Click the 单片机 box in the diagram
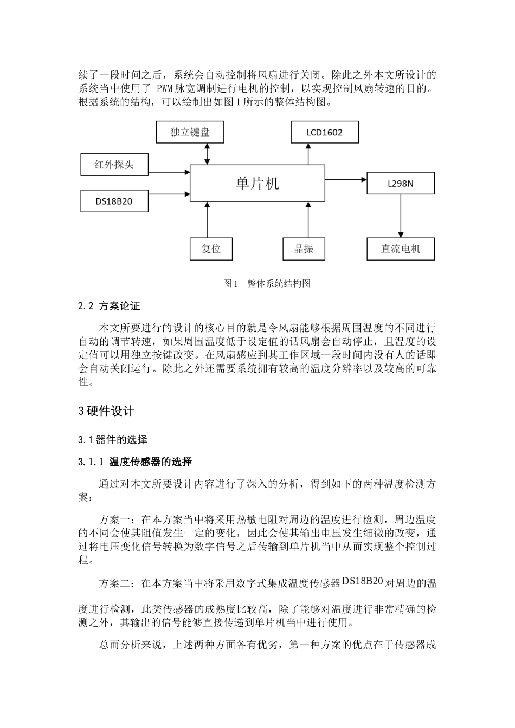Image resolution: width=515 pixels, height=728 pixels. pos(257,183)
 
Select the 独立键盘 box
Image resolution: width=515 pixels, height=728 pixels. pos(190,132)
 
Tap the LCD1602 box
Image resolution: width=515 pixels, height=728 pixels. pos(325,132)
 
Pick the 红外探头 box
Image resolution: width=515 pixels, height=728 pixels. pos(114,165)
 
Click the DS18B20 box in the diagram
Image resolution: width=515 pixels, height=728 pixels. pos(114,201)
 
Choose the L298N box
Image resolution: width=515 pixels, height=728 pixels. pos(401,184)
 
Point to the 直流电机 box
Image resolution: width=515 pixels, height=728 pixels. pos(401,249)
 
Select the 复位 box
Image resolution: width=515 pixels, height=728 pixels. pos(211,249)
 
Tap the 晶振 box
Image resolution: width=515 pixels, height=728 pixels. pos(304,249)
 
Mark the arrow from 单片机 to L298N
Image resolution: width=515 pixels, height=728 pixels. pos(346,179)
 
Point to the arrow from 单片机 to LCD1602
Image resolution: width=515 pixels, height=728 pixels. pos(308,154)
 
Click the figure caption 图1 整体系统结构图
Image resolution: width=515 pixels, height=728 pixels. pos(267,283)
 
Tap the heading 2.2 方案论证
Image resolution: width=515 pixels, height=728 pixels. pos(109,306)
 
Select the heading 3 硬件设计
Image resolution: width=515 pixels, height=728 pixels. pos(106,411)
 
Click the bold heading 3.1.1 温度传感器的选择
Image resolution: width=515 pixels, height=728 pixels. pos(135,462)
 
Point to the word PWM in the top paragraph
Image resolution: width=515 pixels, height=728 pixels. pos(164,88)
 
